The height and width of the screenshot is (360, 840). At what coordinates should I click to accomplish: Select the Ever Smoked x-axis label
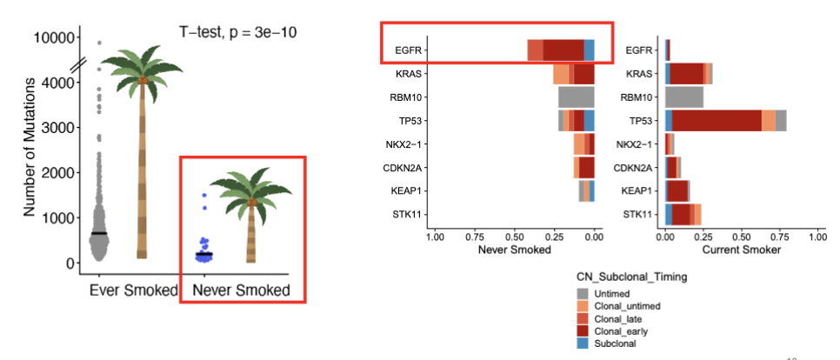click(x=133, y=290)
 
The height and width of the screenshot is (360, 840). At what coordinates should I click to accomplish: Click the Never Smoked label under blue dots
click(x=241, y=290)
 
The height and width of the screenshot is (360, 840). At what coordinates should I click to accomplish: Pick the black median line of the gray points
click(x=99, y=233)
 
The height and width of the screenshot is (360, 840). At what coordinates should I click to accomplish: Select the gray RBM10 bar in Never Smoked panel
click(x=576, y=97)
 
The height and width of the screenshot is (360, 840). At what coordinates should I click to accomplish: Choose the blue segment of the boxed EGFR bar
click(x=590, y=50)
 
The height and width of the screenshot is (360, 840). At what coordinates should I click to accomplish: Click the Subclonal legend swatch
click(x=585, y=345)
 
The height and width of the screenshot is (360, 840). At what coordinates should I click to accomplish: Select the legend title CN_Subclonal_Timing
click(x=636, y=276)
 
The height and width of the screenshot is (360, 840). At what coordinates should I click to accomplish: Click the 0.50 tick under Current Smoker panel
click(x=740, y=236)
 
